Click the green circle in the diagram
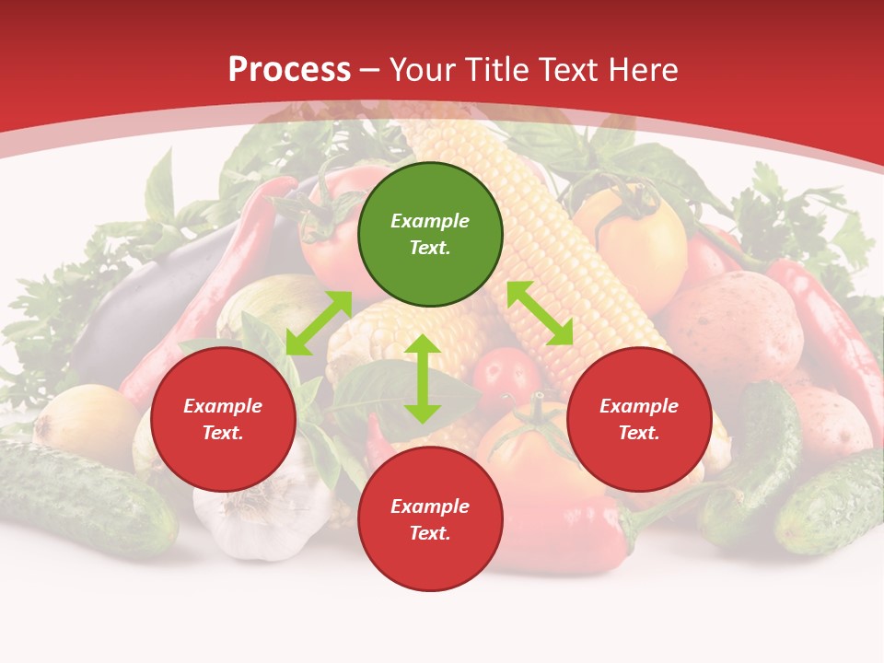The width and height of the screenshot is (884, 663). [x=430, y=235]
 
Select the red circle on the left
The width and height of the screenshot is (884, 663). [x=223, y=419]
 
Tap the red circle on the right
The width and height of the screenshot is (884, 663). [x=639, y=419]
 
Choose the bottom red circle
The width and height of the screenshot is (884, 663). [x=430, y=519]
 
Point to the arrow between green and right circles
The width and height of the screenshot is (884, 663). [x=540, y=313]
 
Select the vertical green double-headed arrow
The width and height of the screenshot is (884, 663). [x=423, y=378]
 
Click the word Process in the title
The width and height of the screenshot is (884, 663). [x=289, y=69]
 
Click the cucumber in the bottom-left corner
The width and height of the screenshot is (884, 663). [x=83, y=497]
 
